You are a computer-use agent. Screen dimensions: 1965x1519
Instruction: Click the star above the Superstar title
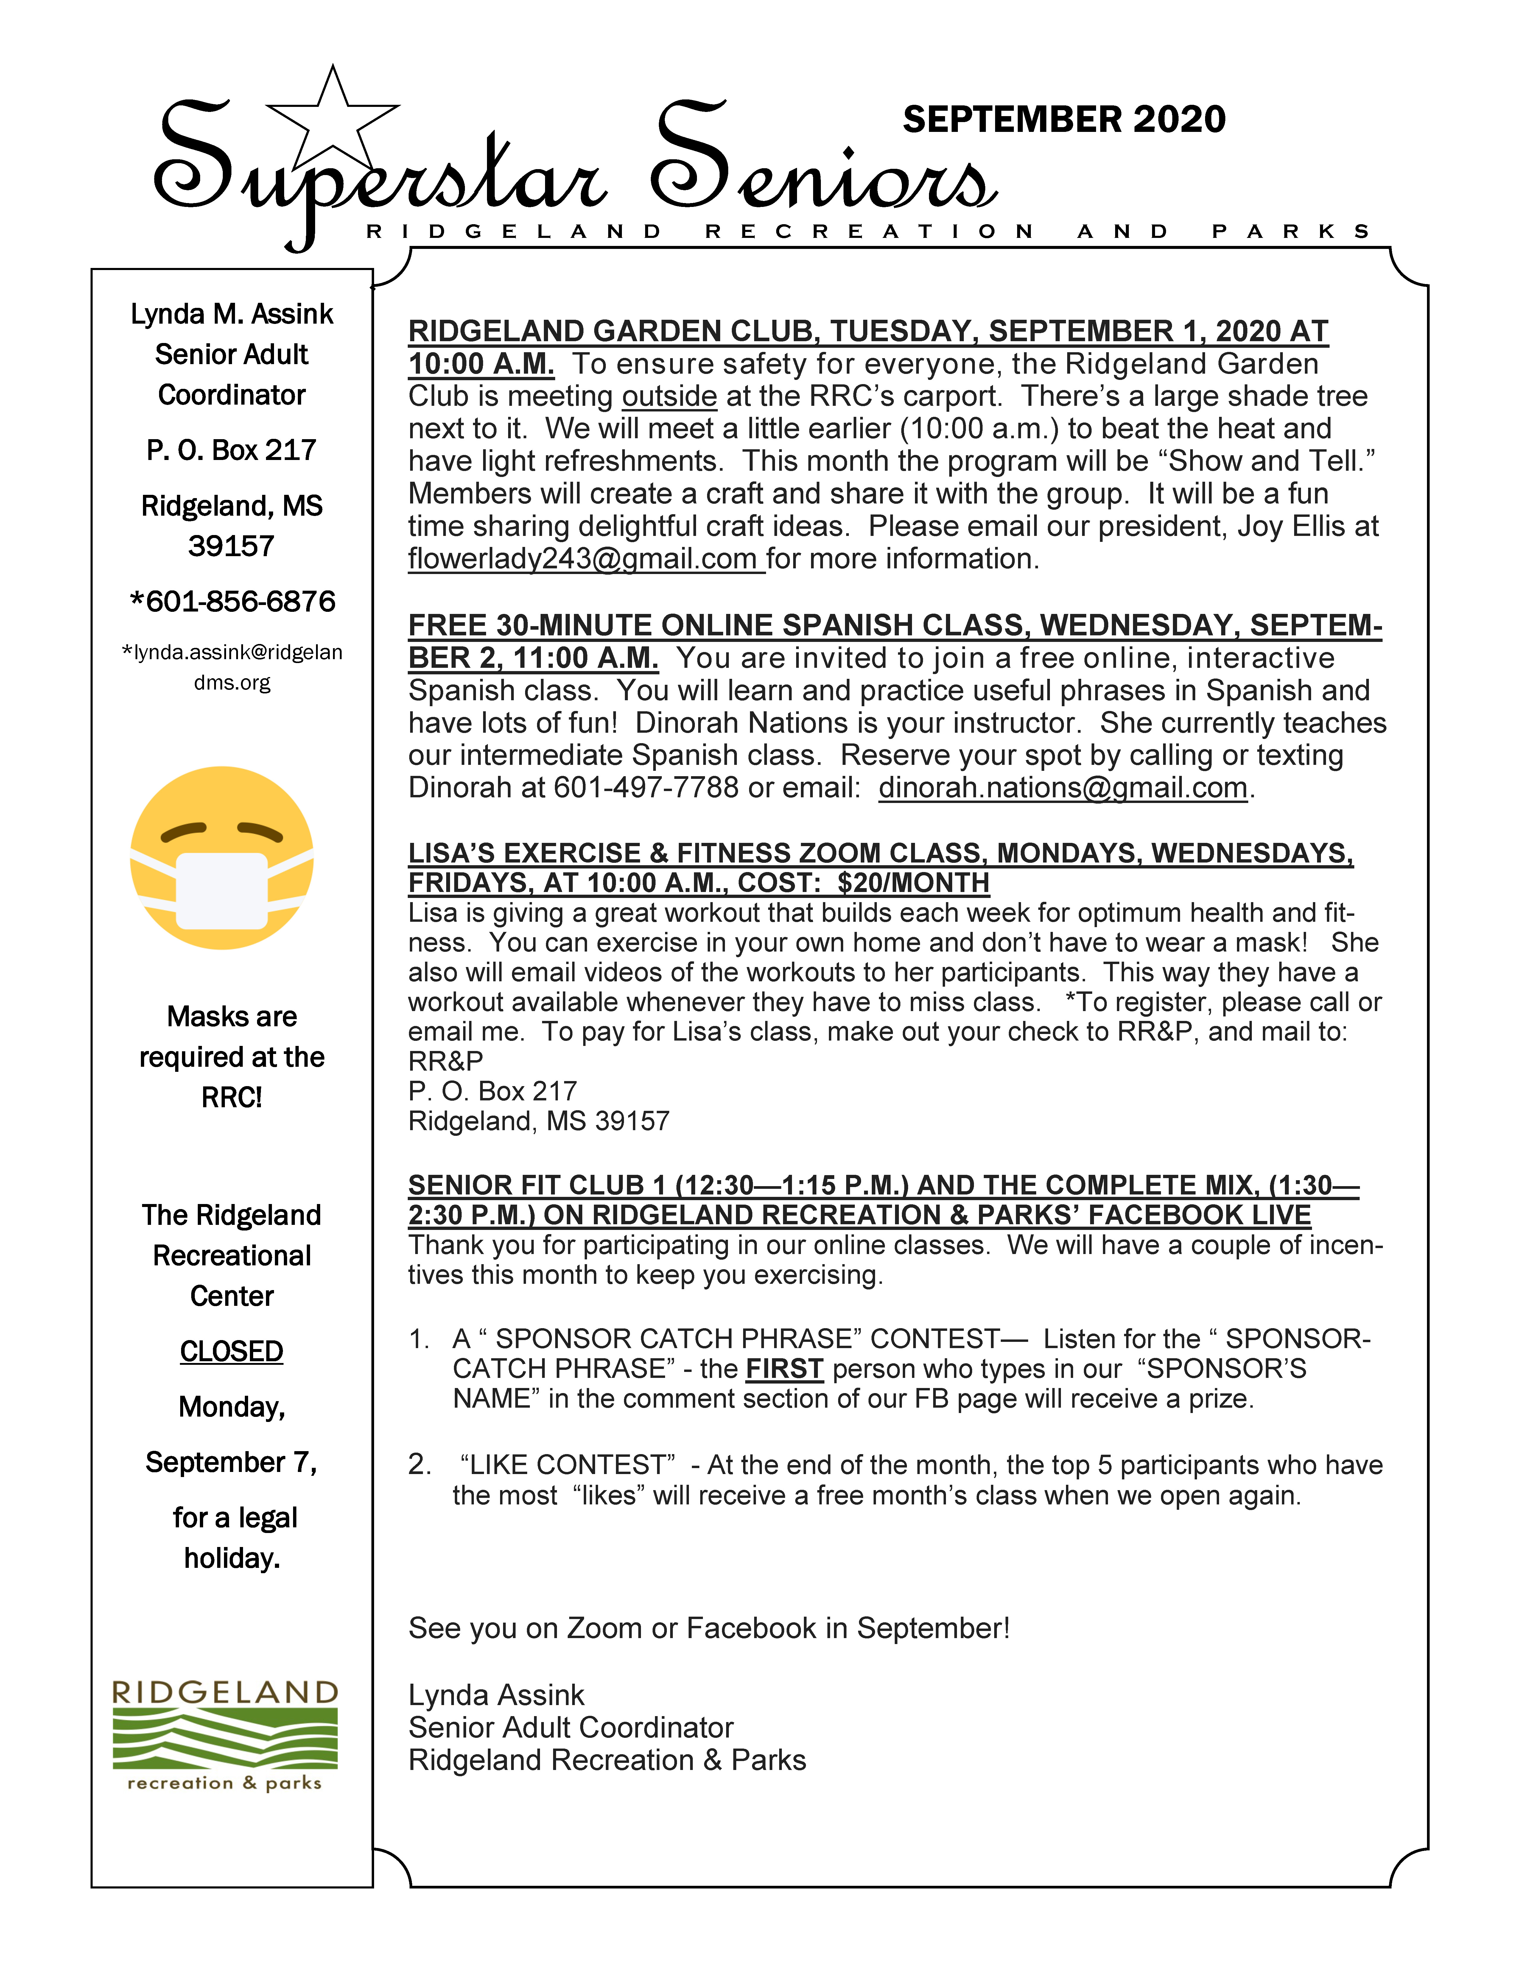[x=333, y=115]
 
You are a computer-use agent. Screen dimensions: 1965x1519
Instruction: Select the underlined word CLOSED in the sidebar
[x=231, y=1351]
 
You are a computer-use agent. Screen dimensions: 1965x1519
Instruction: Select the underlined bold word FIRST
[x=784, y=1368]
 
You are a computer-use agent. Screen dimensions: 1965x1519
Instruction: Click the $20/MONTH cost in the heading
[x=913, y=883]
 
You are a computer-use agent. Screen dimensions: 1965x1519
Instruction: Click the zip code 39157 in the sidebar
[x=231, y=546]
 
